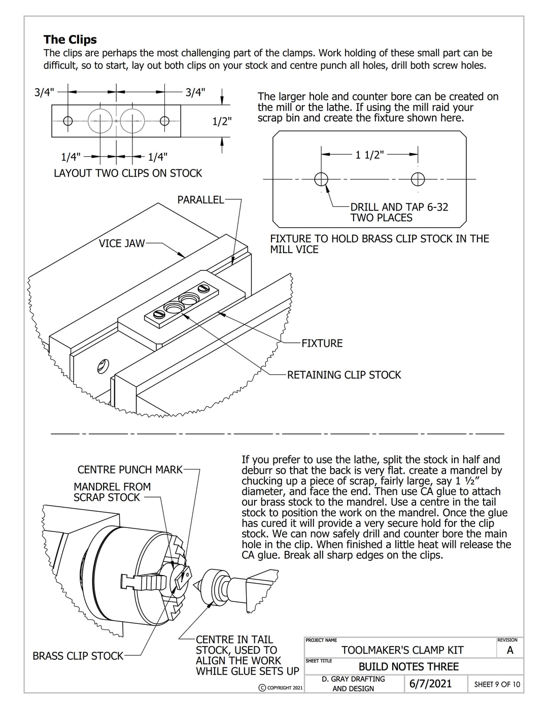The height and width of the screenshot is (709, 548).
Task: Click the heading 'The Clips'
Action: (70, 40)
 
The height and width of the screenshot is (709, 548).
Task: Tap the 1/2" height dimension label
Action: (222, 121)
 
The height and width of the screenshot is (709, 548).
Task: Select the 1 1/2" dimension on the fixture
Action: (369, 155)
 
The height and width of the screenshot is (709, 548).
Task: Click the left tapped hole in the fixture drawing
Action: (321, 179)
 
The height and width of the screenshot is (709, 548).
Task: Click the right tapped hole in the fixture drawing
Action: (418, 179)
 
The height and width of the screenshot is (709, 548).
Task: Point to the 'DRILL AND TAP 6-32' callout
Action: (399, 207)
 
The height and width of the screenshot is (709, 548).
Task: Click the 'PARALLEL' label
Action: (200, 200)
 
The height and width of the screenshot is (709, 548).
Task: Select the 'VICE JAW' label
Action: (122, 243)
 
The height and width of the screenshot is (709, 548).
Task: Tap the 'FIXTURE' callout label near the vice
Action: (322, 343)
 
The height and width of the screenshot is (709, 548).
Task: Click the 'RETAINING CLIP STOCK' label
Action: (344, 375)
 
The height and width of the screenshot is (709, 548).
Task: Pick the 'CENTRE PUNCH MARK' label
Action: (130, 470)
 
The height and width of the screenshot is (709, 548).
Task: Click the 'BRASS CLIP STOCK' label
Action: (78, 656)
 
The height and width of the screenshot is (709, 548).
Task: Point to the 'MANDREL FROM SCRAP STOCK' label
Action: (112, 492)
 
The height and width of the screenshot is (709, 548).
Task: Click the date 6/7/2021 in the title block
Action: (430, 684)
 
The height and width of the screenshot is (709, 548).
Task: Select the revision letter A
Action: (510, 650)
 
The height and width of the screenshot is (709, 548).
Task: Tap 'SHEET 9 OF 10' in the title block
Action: (497, 684)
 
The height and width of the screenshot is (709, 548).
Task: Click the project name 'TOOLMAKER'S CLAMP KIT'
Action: (402, 650)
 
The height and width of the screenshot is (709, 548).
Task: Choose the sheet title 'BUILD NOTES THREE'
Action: (408, 667)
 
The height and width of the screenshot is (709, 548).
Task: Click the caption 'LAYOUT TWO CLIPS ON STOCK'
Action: (128, 173)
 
